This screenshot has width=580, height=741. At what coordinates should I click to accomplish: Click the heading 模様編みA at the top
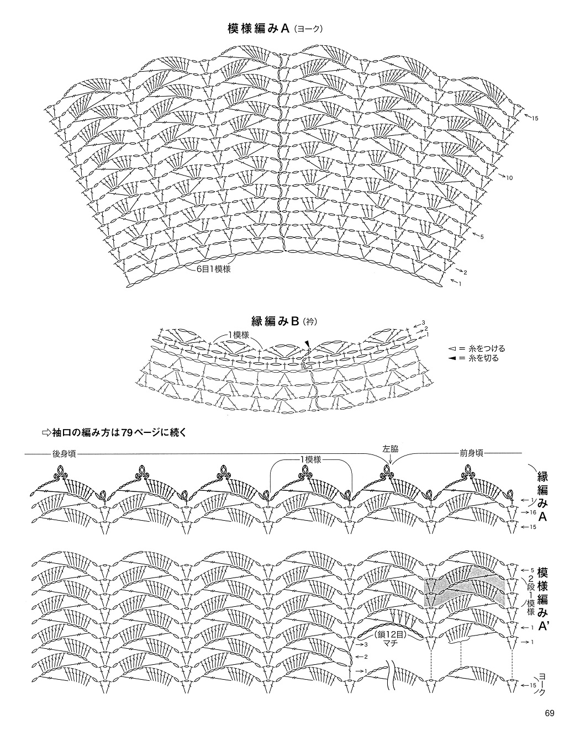259,29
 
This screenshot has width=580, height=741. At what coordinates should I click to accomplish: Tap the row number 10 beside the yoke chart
509,178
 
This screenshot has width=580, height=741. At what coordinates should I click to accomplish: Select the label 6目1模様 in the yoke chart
214,269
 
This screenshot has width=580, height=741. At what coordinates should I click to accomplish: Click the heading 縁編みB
275,321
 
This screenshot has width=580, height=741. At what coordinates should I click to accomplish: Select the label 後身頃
64,454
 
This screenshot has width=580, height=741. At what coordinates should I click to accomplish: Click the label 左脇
390,449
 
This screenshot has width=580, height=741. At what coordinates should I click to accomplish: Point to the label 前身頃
471,453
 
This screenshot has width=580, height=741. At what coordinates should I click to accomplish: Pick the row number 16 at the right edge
533,522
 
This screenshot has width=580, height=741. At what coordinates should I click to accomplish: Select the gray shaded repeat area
465,592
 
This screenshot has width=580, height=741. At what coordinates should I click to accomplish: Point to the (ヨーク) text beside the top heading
308,30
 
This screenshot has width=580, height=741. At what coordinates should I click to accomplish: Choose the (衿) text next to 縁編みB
310,322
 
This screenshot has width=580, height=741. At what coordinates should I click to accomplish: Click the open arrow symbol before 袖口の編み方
46,433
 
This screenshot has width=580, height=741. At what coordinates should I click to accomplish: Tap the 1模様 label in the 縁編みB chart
238,335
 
